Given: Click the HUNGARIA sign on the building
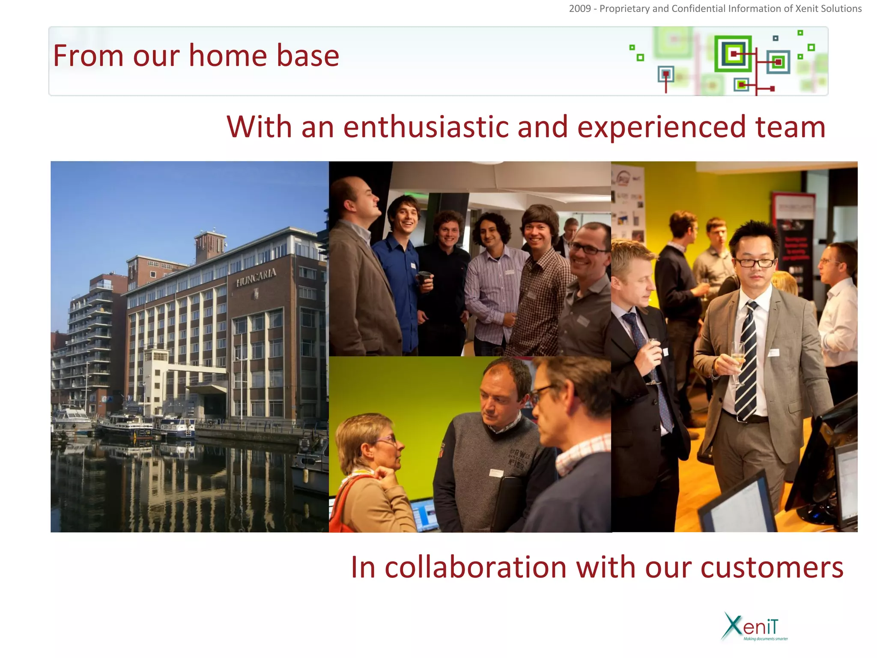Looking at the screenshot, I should (256, 277).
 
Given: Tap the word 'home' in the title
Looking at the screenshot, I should (227, 56).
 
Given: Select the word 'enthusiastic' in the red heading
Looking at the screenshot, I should (426, 127).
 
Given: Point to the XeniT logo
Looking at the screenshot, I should (754, 627).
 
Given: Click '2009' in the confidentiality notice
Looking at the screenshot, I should (580, 9).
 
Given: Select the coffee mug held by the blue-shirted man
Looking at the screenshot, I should (424, 278).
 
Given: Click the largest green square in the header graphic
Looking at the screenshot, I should (733, 54).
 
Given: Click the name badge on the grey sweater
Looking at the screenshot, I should (496, 473).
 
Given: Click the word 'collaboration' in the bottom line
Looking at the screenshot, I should (475, 568).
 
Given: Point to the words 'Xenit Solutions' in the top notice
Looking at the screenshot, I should (828, 9).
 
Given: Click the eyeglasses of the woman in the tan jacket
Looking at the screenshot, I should (388, 440).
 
